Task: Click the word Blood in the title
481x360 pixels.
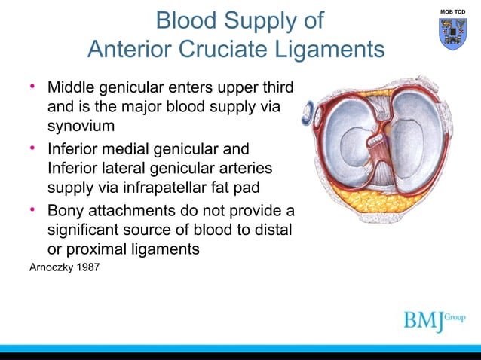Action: (189, 20)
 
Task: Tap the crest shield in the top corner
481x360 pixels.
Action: (453, 34)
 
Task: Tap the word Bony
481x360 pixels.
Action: (68, 209)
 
